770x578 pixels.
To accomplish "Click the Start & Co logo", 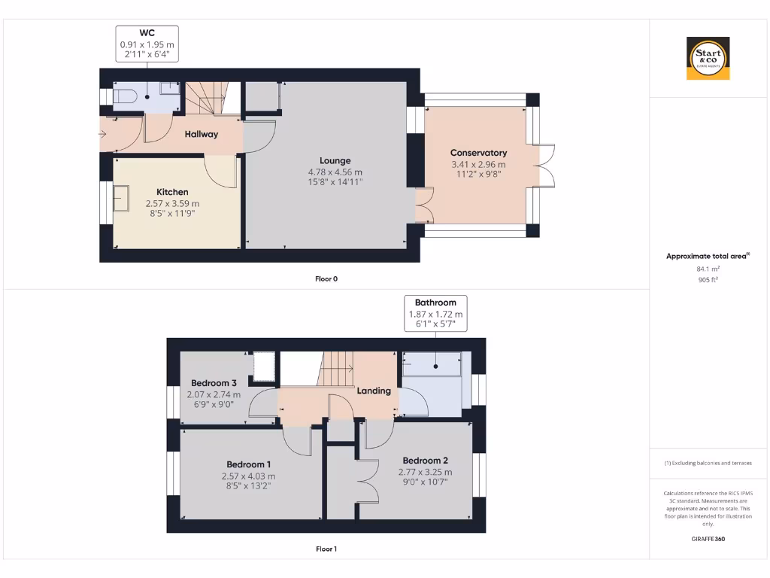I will (x=709, y=59).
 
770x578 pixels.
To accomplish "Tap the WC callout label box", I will (x=147, y=44).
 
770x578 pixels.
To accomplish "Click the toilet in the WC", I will (x=124, y=97).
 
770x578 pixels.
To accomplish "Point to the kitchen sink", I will (x=120, y=199).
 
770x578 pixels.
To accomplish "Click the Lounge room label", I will (x=335, y=160).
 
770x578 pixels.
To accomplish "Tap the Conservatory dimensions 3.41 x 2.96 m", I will (x=478, y=164).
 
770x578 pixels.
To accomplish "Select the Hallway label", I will (x=202, y=134).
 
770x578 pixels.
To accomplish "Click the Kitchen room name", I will (x=172, y=192).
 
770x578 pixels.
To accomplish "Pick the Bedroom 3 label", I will (x=214, y=382).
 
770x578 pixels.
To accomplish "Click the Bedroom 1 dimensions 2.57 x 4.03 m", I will (x=248, y=476).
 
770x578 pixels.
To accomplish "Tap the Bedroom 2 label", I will (x=425, y=461).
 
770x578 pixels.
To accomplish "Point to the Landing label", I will (x=374, y=391).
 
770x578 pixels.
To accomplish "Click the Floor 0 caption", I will (x=326, y=278).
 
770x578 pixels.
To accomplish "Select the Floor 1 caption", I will (x=326, y=549).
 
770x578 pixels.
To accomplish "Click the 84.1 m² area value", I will (x=708, y=268).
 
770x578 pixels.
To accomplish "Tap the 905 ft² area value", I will (x=708, y=279).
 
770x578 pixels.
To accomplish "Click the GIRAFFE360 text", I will (x=708, y=539).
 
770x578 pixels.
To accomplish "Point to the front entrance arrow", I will (x=102, y=134).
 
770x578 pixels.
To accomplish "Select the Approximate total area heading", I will (x=707, y=257).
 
